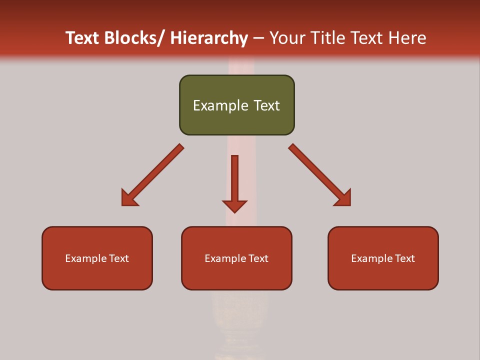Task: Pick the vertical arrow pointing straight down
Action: (234, 180)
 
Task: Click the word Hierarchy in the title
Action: (208, 38)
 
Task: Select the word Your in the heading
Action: (287, 38)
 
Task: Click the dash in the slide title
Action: (258, 38)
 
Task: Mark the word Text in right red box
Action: (404, 258)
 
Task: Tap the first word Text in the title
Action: (83, 38)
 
